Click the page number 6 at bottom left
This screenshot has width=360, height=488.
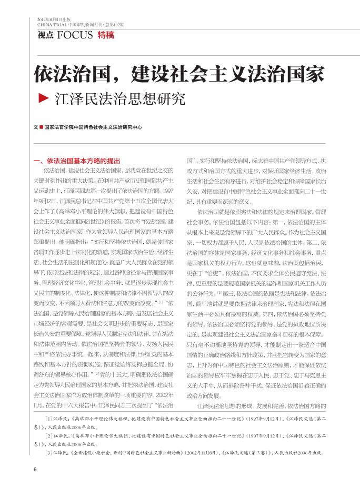pyautogui.click(x=35, y=470)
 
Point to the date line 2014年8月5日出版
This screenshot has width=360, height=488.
pyautogui.click(x=55, y=19)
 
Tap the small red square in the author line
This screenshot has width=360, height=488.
pyautogui.click(x=41, y=127)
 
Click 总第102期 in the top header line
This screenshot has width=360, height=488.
pyautogui.click(x=114, y=24)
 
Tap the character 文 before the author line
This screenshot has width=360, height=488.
pyautogui.click(x=35, y=127)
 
